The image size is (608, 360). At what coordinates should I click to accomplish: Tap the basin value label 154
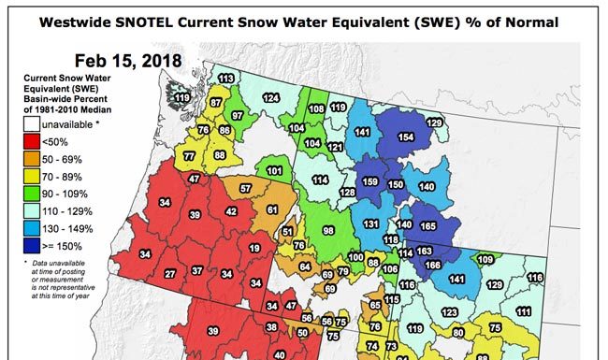(406, 137)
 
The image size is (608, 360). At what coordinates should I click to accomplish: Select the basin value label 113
(226, 79)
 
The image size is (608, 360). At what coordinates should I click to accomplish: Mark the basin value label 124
(271, 97)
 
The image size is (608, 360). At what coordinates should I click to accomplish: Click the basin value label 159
(370, 181)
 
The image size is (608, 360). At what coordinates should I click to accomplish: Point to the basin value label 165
(428, 225)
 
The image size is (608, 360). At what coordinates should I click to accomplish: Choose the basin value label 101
(275, 171)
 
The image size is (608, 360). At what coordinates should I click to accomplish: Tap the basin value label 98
(328, 230)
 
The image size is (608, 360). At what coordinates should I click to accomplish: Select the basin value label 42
(231, 212)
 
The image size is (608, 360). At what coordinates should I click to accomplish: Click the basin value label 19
(254, 248)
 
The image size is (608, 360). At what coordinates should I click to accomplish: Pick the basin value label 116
(535, 277)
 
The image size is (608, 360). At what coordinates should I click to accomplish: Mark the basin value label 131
(371, 224)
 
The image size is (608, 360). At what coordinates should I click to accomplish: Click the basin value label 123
(450, 311)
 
